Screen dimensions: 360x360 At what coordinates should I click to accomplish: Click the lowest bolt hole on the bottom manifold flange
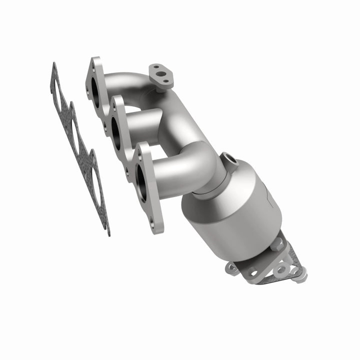coord(154,228)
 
